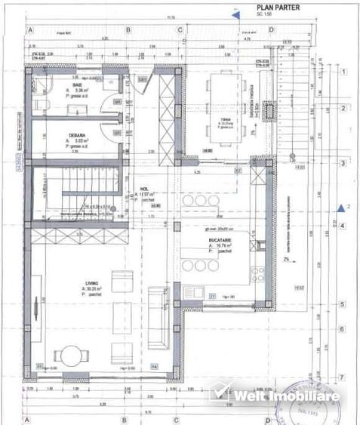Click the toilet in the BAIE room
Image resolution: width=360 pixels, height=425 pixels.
pyautogui.click(x=43, y=104)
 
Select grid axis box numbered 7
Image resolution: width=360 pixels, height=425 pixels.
pyautogui.click(x=343, y=375)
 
